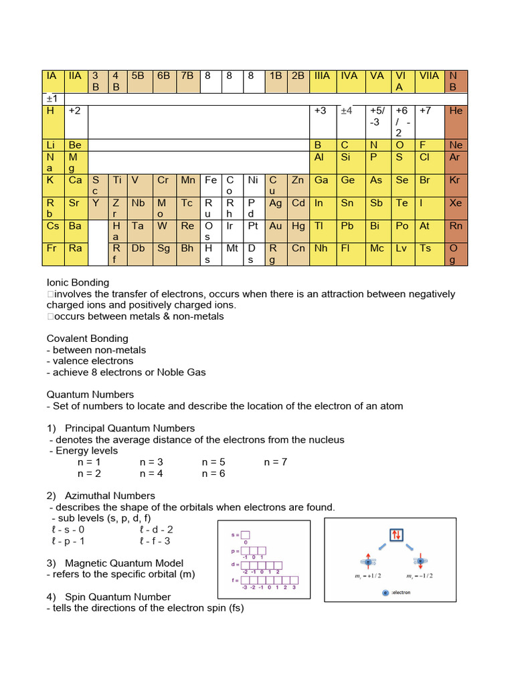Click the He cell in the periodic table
coord(456,111)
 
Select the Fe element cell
coord(211,180)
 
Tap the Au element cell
coord(276,226)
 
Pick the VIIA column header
coord(429,76)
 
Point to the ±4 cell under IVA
coord(347,111)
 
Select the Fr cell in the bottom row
coord(53,248)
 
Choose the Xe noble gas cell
coord(456,203)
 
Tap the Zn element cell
coord(298,180)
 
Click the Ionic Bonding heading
coord(78,283)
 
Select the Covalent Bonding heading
coord(87,338)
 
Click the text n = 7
coord(275,462)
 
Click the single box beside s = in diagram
coord(245,534)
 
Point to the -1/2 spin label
coord(420,576)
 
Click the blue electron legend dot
coord(384,593)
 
